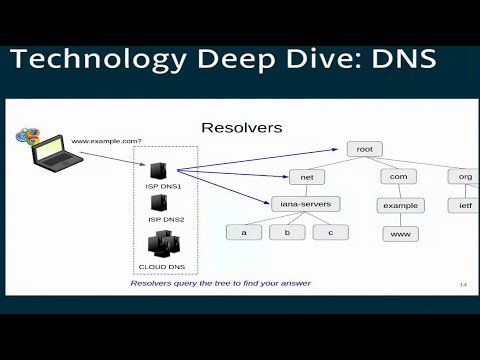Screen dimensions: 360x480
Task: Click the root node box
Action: coord(364,149)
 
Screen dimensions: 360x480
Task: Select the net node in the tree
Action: coord(306,177)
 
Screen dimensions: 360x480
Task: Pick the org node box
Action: coord(464,177)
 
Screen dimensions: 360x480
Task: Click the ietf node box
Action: coord(464,205)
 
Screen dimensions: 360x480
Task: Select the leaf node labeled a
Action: coord(243,232)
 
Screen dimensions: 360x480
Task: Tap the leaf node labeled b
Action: coord(287,232)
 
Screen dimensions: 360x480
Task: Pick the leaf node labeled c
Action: coord(330,232)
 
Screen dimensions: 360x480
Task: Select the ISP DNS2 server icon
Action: coord(159,203)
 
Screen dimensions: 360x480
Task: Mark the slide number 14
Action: coord(464,285)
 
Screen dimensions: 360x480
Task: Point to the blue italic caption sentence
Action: coord(219,283)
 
